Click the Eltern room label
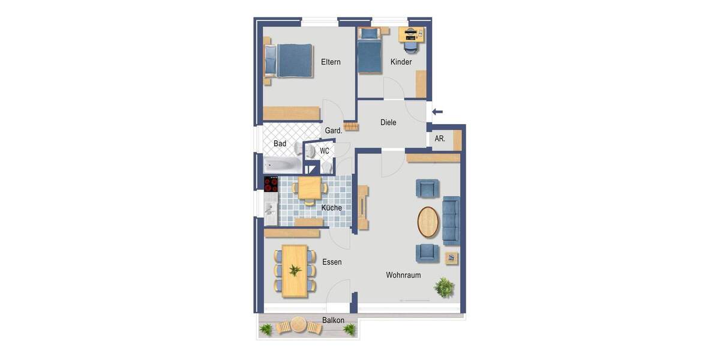[331, 62]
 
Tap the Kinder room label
[401, 62]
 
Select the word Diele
[388, 122]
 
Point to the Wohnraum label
[403, 275]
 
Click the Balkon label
[333, 320]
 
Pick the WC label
[325, 151]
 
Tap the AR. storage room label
[440, 139]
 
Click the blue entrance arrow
[437, 111]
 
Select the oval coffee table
[428, 222]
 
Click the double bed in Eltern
[289, 61]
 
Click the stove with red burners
[271, 184]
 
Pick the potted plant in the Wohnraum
[445, 287]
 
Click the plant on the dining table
[295, 270]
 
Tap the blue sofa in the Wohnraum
[451, 220]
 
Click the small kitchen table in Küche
[310, 188]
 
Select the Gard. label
[334, 130]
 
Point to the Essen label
[332, 262]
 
